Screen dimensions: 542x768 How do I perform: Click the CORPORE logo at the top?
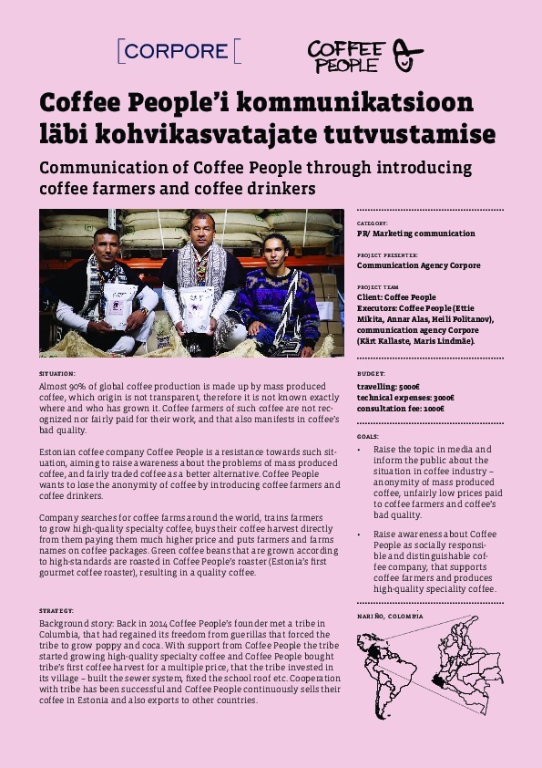(179, 51)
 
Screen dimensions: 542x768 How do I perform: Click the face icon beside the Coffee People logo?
(407, 56)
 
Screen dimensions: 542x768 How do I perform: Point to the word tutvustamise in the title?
(409, 134)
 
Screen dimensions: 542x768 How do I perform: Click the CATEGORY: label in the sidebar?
(373, 223)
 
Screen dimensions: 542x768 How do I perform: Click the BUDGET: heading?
(371, 374)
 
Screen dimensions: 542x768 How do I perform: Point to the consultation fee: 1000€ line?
(401, 409)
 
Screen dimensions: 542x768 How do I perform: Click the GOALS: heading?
(369, 437)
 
